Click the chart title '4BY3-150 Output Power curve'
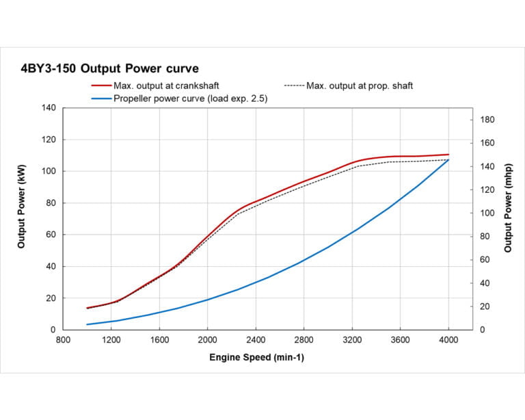110,68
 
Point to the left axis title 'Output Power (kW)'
22,219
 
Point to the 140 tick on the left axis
49,108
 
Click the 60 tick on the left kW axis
51,235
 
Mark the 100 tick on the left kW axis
49,172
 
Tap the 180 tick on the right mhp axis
487,120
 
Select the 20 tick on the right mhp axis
485,306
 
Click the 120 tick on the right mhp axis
487,189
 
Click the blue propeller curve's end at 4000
448,159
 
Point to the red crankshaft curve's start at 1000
87,308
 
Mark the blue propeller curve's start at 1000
87,324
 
